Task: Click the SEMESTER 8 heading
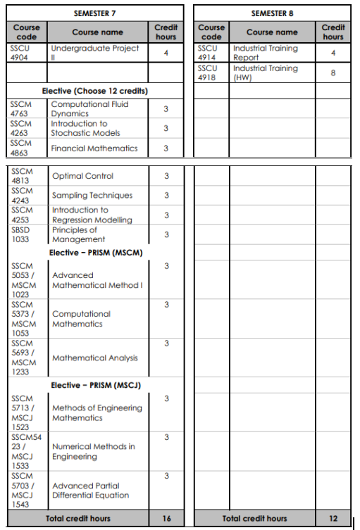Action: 271,13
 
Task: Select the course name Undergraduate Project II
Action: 94,53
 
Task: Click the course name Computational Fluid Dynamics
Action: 89,108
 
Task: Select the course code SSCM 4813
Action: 23,175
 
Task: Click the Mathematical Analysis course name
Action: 95,358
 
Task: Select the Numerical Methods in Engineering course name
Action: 94,452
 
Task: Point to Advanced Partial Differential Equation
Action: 91,491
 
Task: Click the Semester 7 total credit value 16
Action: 166,519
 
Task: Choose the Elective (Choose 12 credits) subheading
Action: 94,92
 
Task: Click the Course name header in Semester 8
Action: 272,32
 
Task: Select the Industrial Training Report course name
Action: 265,53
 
